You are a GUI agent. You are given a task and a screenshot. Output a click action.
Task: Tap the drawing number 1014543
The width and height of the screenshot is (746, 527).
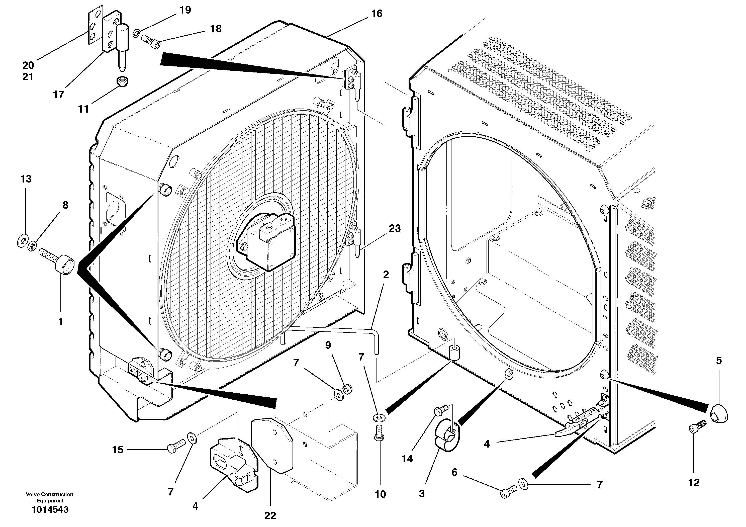pos(50,509)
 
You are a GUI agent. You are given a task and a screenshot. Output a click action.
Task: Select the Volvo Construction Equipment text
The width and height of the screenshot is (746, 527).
pos(50,497)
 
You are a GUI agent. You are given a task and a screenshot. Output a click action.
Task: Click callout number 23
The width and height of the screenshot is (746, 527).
pos(395,228)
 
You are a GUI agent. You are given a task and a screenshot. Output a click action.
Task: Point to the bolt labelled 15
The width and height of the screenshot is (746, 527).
pos(176,445)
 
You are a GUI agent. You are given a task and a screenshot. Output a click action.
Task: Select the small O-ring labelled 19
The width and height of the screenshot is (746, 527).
pos(137,32)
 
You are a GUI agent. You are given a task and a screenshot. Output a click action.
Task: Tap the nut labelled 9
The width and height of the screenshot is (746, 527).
pos(347,389)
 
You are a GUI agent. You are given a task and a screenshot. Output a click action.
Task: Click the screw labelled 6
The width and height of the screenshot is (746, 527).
pos(509,490)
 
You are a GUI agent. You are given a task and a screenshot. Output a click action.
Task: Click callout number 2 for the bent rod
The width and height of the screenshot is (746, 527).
pos(386,275)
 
